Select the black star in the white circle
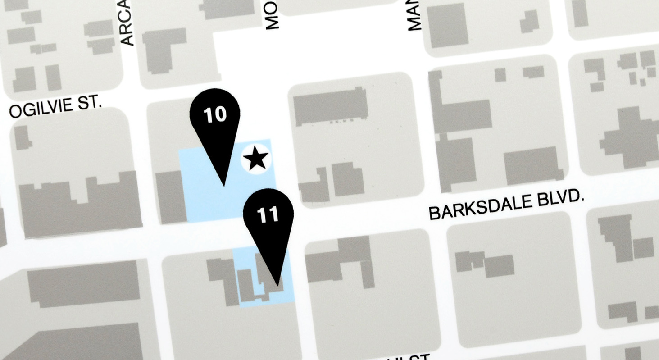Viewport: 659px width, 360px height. pyautogui.click(x=256, y=159)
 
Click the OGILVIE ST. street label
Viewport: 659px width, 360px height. pyautogui.click(x=55, y=107)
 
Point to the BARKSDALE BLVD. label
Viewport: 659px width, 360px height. pyautogui.click(x=506, y=207)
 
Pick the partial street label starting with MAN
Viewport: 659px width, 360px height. pyautogui.click(x=414, y=16)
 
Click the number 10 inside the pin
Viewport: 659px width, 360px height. pyautogui.click(x=215, y=114)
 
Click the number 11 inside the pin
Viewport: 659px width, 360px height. pyautogui.click(x=268, y=214)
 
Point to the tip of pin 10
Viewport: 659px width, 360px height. pyautogui.click(x=224, y=185)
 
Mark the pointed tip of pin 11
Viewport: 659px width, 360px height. pyautogui.click(x=278, y=285)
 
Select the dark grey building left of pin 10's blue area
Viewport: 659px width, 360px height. pyautogui.click(x=170, y=196)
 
